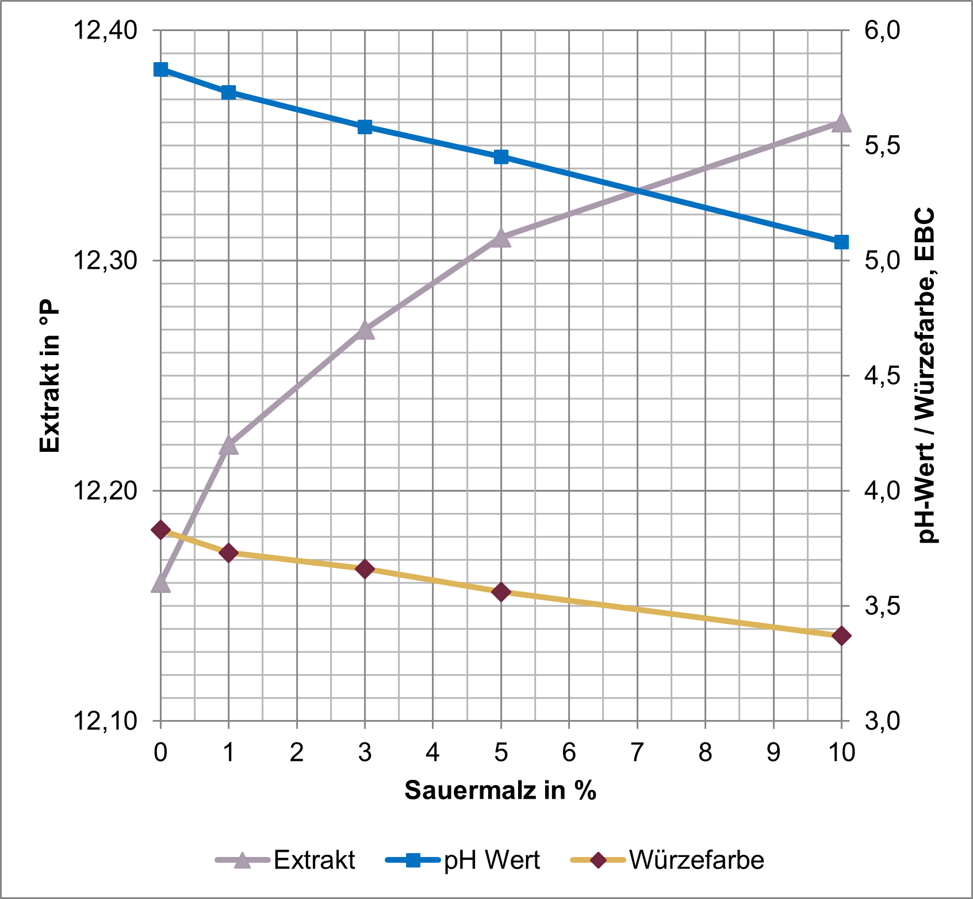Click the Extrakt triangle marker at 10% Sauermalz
pos(841,123)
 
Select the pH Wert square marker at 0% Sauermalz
pos(160,70)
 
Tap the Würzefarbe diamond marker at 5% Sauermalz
pos(501,592)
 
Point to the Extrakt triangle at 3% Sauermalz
pos(365,330)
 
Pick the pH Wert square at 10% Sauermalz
pos(841,242)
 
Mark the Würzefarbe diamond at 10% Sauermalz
pos(841,636)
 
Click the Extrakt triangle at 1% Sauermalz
pos(229,445)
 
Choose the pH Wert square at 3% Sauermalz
pos(365,127)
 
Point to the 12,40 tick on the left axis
pos(105,30)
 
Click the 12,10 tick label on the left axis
pos(105,721)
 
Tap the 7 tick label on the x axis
pos(637,752)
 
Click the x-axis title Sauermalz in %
pos(500,790)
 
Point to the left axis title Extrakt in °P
pos(50,375)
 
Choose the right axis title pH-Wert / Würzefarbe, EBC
pos(925,375)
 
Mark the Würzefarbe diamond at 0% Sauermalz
pos(160,530)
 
